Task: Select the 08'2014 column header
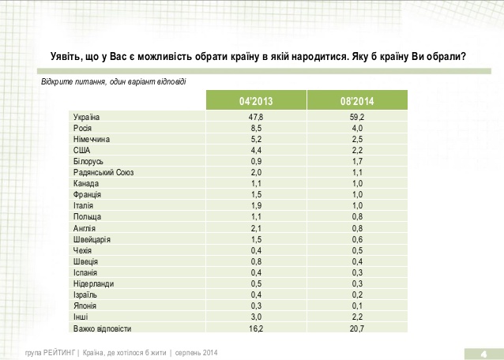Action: [x=357, y=101]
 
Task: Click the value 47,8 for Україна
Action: [x=256, y=117]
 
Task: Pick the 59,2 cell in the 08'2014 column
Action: [x=357, y=117]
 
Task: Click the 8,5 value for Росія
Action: [x=256, y=127]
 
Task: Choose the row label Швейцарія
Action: [x=92, y=239]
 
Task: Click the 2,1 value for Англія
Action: [x=256, y=228]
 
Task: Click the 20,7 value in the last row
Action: [x=357, y=328]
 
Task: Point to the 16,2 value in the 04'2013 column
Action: [x=256, y=328]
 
